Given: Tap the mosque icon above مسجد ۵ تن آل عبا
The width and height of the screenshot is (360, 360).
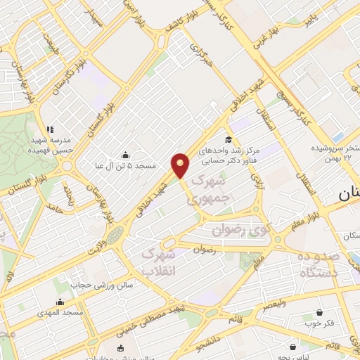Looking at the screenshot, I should [126, 155].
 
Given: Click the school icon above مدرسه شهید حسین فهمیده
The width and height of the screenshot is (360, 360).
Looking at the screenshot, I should [49, 129].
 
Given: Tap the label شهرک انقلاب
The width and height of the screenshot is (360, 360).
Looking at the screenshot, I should [162, 261].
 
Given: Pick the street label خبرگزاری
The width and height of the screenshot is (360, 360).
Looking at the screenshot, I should [202, 63].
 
